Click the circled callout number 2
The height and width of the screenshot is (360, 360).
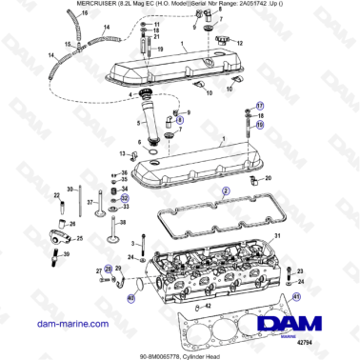tap(226, 190)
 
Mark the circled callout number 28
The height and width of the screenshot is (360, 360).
tap(109, 270)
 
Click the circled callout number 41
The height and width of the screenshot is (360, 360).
tap(296, 297)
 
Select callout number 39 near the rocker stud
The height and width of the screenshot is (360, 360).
tap(67, 255)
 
